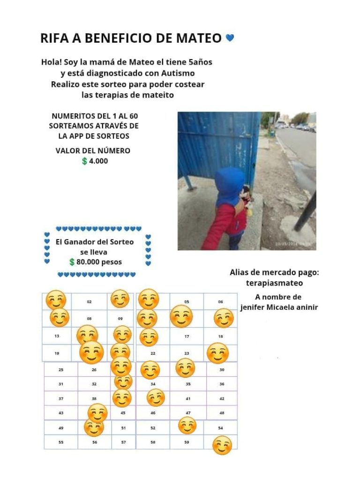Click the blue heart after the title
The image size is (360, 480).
[x=230, y=37]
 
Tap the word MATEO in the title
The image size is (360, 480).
[x=198, y=38]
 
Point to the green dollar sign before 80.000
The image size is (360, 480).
[x=72, y=262]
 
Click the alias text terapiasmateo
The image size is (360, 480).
[x=274, y=283]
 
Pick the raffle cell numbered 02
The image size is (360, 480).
[x=89, y=302]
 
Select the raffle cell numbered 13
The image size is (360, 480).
[x=57, y=336]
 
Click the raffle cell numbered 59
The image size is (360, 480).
[x=187, y=442]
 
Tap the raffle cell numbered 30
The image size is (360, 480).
[x=222, y=370]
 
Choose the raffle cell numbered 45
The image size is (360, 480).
[x=123, y=413]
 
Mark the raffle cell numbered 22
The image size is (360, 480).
[x=153, y=353]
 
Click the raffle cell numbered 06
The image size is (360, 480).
[x=220, y=302]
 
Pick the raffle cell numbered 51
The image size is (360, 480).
[x=123, y=428]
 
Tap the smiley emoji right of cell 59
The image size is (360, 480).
[x=222, y=445]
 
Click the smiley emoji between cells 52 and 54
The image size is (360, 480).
[x=187, y=426]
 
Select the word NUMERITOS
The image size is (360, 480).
[x=71, y=116]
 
